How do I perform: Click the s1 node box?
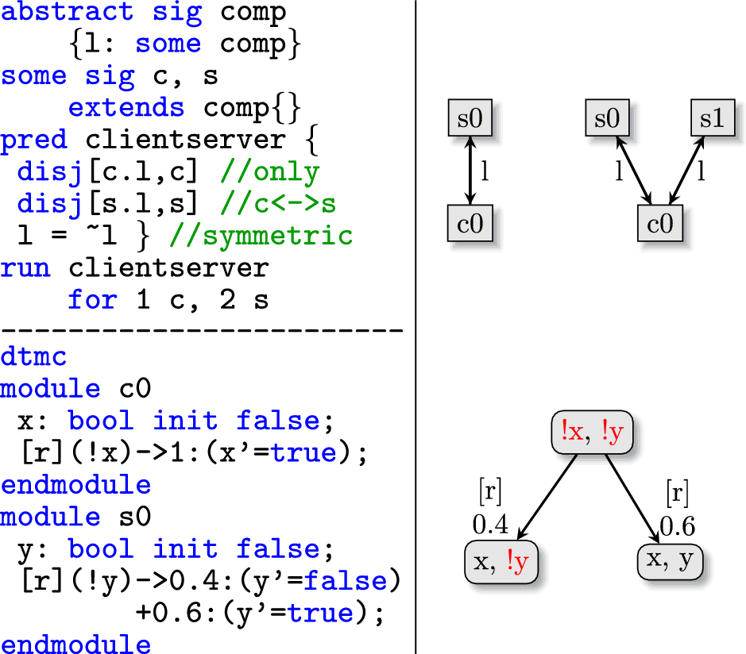click(x=711, y=119)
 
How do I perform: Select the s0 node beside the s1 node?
click(x=607, y=119)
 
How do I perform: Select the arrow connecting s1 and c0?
click(x=686, y=171)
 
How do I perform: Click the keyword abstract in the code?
click(x=67, y=13)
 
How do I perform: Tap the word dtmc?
click(x=33, y=356)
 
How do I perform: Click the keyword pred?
click(x=33, y=140)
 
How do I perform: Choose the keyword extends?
click(x=126, y=107)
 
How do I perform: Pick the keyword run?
click(x=25, y=267)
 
